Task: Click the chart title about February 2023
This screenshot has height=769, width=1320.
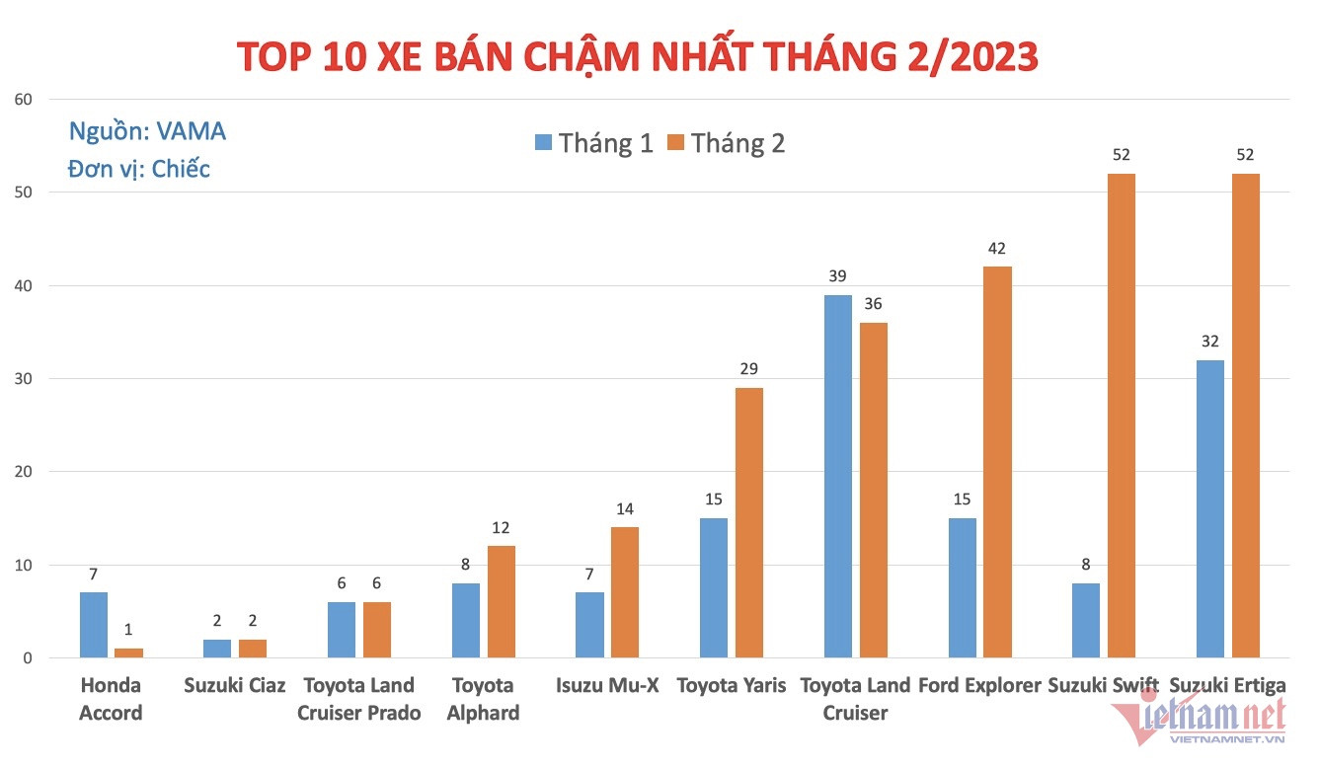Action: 638,57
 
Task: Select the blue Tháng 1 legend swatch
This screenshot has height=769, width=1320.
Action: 543,142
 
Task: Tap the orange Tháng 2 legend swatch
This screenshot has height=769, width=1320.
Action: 675,142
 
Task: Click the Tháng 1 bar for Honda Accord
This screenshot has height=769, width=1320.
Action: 94,625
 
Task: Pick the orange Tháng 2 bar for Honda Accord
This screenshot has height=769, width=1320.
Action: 129,653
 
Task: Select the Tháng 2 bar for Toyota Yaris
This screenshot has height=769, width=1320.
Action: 749,522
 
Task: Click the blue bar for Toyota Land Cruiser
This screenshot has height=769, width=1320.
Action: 838,476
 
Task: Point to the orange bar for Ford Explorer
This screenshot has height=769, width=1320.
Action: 997,462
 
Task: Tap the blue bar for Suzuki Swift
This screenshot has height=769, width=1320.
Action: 1086,620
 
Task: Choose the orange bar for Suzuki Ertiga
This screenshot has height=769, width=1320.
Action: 1245,416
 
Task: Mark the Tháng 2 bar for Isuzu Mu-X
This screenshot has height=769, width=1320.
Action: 625,592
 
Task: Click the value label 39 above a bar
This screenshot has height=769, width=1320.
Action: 838,276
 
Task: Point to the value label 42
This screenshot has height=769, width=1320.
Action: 997,249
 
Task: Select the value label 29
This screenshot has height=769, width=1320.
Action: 749,369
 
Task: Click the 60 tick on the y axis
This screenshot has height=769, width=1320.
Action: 24,99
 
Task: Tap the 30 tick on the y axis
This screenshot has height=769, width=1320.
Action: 24,379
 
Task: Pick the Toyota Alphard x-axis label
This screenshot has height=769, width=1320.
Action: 483,699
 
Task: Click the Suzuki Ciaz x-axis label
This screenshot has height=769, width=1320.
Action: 234,685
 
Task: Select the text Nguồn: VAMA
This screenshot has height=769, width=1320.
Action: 147,131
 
